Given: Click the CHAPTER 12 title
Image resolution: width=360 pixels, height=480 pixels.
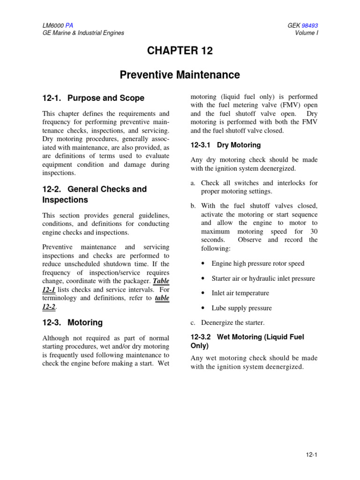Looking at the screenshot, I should (180, 51).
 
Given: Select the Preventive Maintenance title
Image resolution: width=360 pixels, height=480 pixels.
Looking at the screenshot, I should (180, 75).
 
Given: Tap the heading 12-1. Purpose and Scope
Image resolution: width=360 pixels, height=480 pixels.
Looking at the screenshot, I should (93, 98).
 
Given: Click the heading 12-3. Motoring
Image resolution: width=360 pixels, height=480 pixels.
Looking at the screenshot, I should (72, 322).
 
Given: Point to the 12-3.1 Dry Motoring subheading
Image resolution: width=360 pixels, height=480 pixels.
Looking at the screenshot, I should (225, 145).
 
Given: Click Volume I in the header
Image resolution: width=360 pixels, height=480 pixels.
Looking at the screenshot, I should (307, 33).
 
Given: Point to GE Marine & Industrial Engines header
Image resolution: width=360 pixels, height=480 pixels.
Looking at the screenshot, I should (83, 33).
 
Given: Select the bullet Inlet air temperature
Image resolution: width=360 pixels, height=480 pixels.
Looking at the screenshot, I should (240, 293).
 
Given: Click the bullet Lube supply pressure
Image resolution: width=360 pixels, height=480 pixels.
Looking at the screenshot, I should (241, 308).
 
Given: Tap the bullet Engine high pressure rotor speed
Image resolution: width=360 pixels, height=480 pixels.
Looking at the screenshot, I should (258, 263).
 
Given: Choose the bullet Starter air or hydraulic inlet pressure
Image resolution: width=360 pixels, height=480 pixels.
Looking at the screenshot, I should (263, 278).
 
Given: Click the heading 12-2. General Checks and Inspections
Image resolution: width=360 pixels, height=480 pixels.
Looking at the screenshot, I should (94, 195).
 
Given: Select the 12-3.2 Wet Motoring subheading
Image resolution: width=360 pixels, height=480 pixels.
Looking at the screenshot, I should (247, 341).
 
